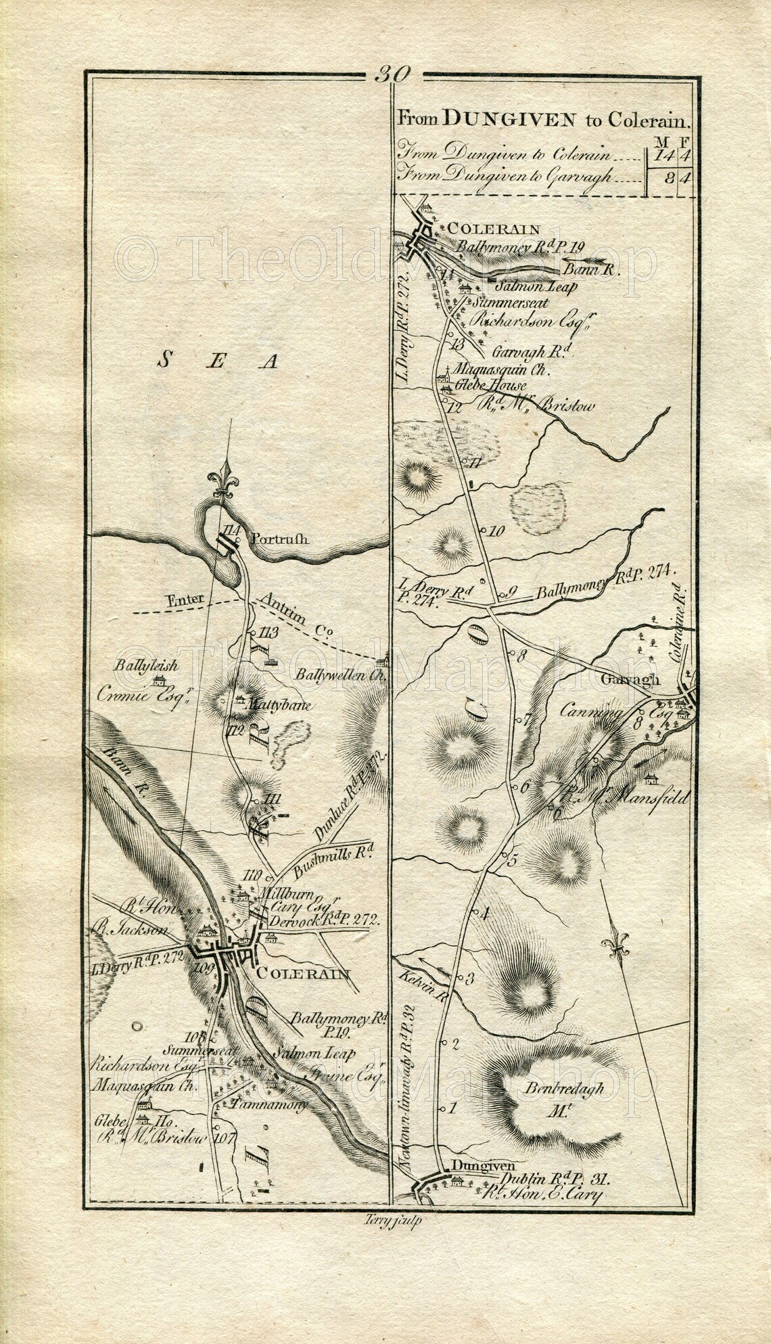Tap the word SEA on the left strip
[x=218, y=362]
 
